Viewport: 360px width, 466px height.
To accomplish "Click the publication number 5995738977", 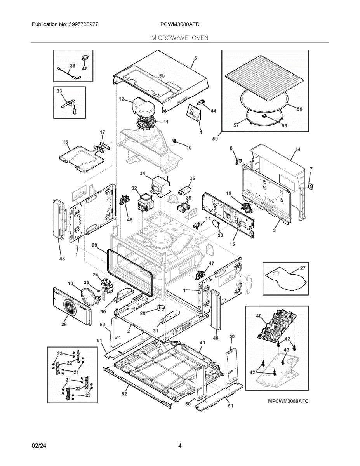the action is point(83,24).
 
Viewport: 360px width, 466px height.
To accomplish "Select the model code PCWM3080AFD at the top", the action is point(180,24).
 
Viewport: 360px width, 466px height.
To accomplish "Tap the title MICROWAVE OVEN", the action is point(180,38).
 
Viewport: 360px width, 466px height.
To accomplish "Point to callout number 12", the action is point(122,99).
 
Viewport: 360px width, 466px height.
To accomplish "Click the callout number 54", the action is point(298,149).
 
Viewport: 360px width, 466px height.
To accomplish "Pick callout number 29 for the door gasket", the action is point(94,245).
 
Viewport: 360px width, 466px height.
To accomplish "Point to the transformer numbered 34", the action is point(161,186).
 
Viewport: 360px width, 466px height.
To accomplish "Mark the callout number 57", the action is point(236,125).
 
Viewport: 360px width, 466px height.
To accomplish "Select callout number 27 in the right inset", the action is point(303,268).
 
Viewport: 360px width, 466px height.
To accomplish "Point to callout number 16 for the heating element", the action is point(65,142).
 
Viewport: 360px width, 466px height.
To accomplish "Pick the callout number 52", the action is point(124,394).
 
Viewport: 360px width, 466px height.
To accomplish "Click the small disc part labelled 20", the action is point(216,224).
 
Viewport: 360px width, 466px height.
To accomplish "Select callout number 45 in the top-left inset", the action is point(85,68).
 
